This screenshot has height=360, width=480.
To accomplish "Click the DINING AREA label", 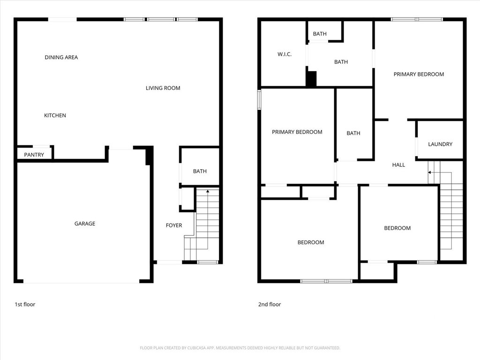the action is (61, 57).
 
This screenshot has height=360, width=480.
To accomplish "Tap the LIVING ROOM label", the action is (163, 88).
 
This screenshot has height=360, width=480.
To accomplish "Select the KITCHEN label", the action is (55, 115).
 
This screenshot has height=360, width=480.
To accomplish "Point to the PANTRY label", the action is (34, 155).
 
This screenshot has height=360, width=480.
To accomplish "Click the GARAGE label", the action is (85, 224).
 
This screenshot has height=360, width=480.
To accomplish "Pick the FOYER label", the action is (174, 225).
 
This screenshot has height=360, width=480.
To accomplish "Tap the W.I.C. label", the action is (285, 54).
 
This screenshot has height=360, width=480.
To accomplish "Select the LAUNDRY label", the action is (440, 144).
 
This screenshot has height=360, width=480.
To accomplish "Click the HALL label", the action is (398, 165).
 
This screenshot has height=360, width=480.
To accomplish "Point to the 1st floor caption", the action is (25, 304).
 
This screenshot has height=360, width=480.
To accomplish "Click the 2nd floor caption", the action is (270, 304).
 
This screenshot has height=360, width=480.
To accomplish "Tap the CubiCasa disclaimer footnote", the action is (240, 348).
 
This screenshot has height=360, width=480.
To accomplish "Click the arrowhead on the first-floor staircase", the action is (208, 191).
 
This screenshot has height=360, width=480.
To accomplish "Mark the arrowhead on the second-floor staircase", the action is (429, 172).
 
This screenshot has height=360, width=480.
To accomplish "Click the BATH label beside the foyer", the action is (200, 172).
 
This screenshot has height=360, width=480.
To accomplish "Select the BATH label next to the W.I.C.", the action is (341, 62).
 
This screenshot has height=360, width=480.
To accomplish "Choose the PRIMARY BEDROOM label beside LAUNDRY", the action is (419, 75).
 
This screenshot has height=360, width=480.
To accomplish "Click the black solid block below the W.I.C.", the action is (311, 79).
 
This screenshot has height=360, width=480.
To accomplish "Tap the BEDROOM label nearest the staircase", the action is (397, 228).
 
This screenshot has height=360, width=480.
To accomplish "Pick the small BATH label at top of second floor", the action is (320, 34).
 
